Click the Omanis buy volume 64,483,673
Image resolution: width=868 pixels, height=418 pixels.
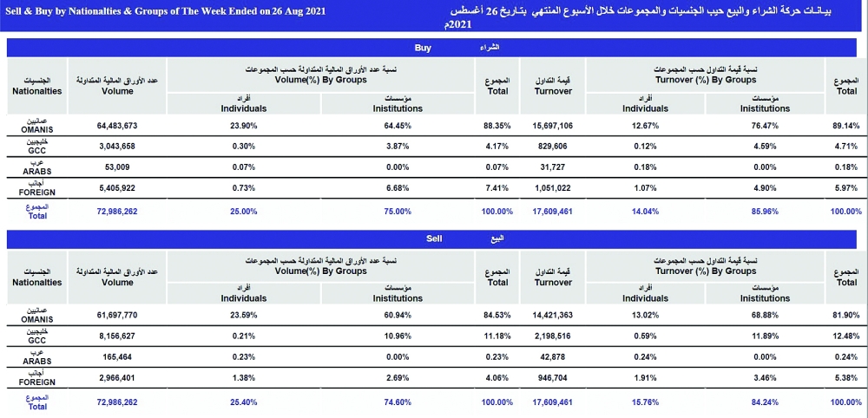117,126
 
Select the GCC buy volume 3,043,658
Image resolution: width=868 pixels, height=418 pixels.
117,146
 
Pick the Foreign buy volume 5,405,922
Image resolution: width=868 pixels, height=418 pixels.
117,187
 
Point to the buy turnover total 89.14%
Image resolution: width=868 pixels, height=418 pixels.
845,126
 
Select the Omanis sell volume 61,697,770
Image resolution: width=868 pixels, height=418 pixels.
117,316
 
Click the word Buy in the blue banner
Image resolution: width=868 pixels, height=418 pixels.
423,49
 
